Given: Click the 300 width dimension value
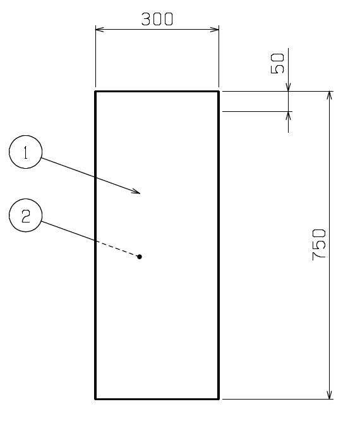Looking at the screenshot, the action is tap(157, 20).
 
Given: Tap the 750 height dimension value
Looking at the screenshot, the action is tap(319, 245).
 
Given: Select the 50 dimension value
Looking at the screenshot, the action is tap(277, 63).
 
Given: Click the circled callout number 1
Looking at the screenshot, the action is tap(26, 152).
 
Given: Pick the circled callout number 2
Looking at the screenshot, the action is tap(26, 216).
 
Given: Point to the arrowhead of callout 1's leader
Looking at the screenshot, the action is tap(136, 192).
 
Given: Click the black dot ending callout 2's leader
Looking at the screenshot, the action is tap(140, 257).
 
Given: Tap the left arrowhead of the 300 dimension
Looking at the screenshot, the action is tap(100, 29).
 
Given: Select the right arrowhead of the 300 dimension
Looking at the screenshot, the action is tap(215, 29).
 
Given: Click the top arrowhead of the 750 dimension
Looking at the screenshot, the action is tap(330, 95).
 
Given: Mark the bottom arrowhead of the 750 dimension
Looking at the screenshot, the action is tap(330, 395).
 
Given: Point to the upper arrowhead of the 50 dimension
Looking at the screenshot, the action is tap(288, 87).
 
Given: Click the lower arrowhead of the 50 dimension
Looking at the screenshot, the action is tap(288, 116).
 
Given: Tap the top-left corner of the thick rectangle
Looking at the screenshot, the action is tap(95, 92).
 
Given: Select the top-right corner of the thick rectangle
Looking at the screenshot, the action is tap(219, 92).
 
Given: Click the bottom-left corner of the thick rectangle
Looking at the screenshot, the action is tap(95, 399).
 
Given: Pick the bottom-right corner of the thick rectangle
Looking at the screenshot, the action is tap(219, 399).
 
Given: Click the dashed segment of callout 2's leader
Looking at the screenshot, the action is tap(117, 248).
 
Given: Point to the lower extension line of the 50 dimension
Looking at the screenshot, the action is tap(258, 111).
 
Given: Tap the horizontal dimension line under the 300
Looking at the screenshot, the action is tap(157, 29).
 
